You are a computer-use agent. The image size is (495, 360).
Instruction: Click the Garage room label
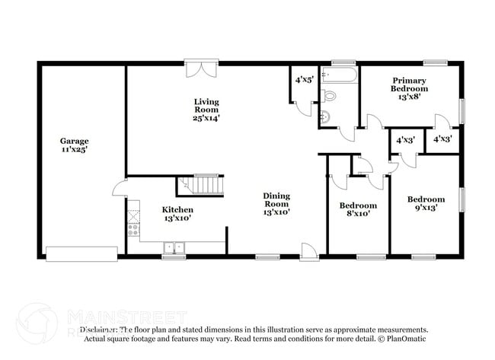pos(75,141)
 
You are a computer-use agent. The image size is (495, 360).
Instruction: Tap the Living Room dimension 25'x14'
pos(206,118)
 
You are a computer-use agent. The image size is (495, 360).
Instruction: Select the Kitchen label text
pos(177,209)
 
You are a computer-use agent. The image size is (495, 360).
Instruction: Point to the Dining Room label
pos(276,199)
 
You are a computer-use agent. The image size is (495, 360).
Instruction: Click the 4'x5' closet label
pos(303,78)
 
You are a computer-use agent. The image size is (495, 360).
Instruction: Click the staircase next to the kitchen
pos(203,185)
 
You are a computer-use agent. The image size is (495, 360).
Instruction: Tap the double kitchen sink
pos(174,247)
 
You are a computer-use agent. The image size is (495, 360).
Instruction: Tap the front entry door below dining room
pos(309,252)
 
